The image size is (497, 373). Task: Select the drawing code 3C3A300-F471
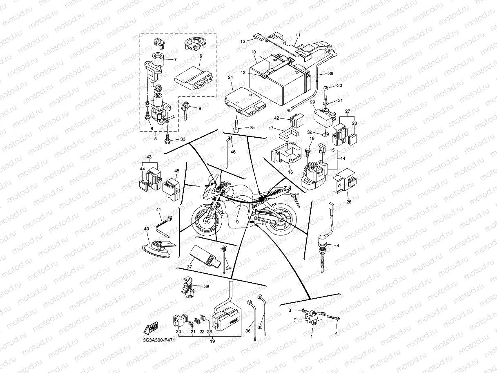click(x=156, y=340)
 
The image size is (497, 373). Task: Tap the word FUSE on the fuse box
click(x=233, y=322)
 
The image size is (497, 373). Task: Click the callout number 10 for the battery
click(x=254, y=52)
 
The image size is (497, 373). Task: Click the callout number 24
click(x=230, y=77)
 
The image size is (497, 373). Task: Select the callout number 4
click(x=338, y=245)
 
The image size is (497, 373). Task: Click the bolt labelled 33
click(x=167, y=141)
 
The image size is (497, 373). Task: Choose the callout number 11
click(x=298, y=36)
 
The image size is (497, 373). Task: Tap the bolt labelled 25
click(x=236, y=127)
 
